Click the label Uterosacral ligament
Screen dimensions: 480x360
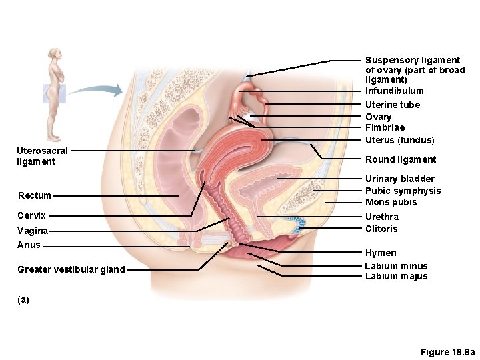click(41, 157)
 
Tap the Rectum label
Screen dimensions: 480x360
click(35, 195)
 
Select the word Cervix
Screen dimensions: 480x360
click(32, 215)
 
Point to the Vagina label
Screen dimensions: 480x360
click(33, 231)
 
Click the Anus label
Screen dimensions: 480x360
click(29, 245)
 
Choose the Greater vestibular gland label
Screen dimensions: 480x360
click(71, 269)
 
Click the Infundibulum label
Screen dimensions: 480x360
click(394, 91)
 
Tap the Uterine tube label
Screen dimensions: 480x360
click(393, 105)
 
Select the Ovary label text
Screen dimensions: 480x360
click(378, 117)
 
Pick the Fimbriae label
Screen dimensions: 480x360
click(385, 127)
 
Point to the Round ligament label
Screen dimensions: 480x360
click(401, 159)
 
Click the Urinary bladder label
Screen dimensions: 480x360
click(400, 179)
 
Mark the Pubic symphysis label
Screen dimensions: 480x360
click(403, 191)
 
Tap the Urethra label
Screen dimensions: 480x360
click(382, 217)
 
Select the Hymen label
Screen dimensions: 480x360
click(381, 253)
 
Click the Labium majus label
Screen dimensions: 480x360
click(396, 277)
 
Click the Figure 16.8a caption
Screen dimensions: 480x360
click(447, 351)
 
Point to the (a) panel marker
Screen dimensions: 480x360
click(23, 299)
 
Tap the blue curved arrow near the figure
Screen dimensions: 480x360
click(100, 91)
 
